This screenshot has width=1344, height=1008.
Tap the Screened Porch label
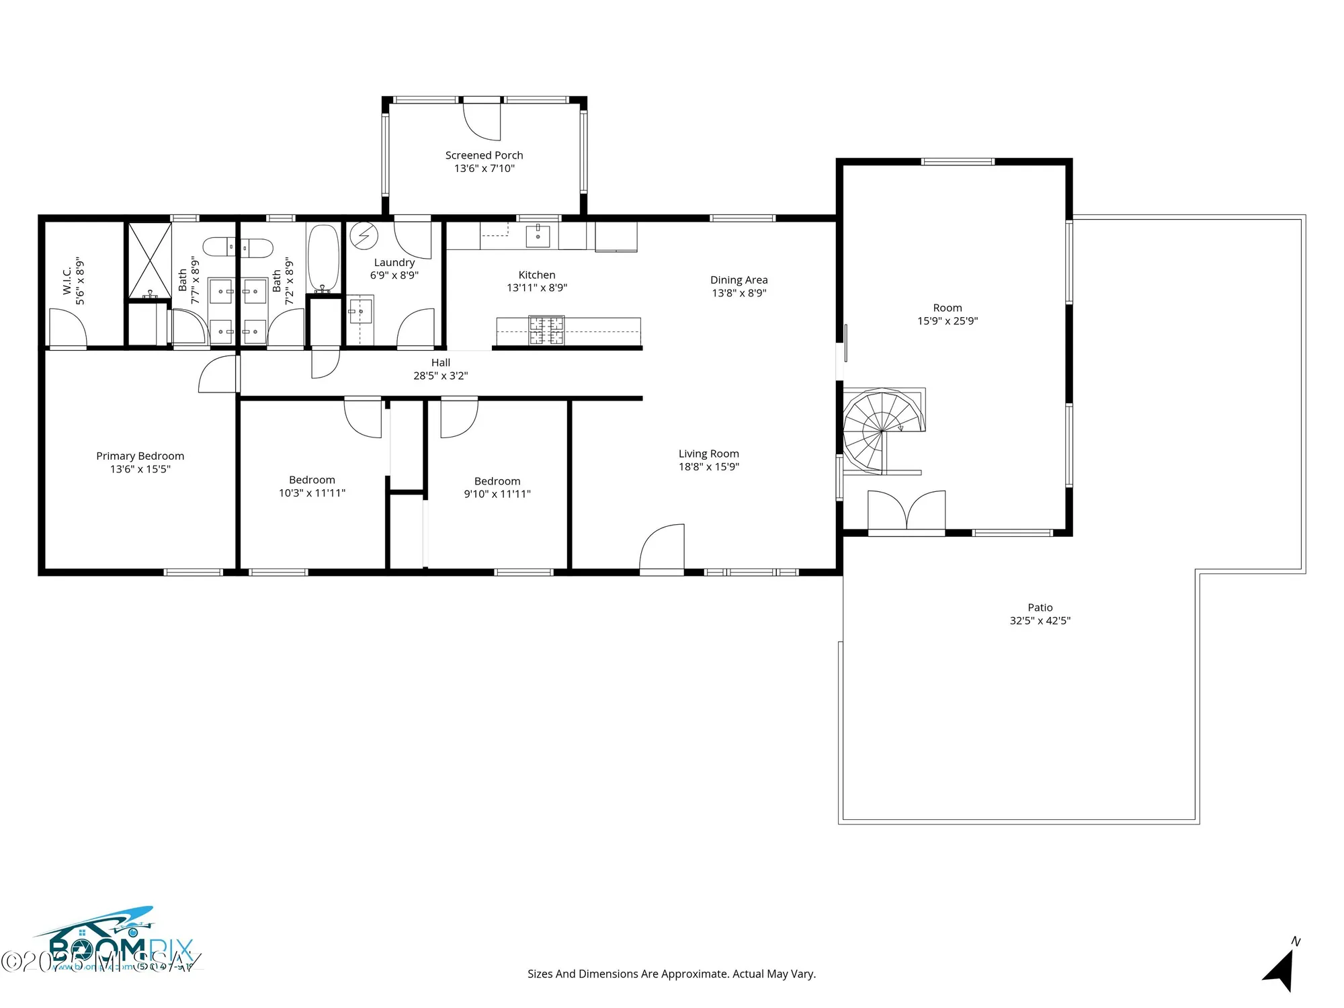[x=484, y=155]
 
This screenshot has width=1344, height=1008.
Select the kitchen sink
[x=538, y=236]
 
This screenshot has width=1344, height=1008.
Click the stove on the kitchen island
[x=546, y=329]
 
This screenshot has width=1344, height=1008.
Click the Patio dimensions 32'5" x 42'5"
[x=1040, y=621]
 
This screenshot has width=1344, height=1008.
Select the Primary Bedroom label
[x=140, y=456]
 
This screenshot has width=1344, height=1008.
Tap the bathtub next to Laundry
[x=323, y=257]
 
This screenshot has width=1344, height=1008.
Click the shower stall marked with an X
[x=149, y=260]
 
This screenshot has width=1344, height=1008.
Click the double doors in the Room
[x=907, y=511]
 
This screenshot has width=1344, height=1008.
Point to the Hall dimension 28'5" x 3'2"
[x=440, y=376]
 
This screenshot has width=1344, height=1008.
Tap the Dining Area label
[x=739, y=280]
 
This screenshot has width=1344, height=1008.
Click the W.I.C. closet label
[x=67, y=281]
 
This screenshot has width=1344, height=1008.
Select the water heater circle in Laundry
[x=364, y=236]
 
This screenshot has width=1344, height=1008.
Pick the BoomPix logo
[x=114, y=941]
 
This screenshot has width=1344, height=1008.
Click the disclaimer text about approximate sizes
[x=671, y=974]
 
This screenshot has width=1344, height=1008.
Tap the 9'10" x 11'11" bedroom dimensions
[x=497, y=494]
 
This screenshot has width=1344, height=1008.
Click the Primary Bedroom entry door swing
[x=218, y=374]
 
